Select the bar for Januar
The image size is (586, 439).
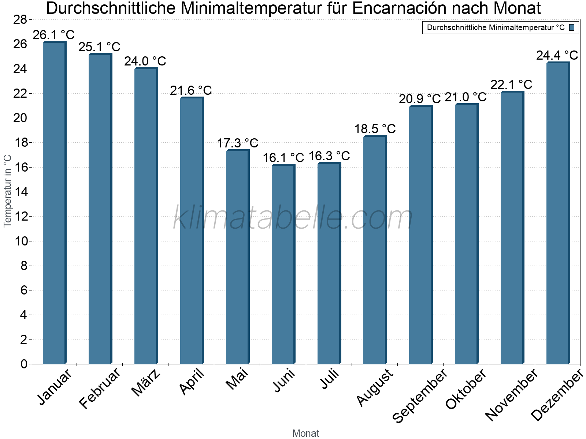point(54,203)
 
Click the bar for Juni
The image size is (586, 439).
point(283,264)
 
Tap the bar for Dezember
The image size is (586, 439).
point(558,213)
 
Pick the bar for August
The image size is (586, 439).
point(375,250)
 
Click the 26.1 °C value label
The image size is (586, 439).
point(53,35)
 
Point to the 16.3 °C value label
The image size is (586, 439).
point(329,156)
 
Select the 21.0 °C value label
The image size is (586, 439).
point(466,97)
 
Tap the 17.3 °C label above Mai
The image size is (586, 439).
point(237,143)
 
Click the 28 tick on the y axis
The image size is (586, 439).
point(20,20)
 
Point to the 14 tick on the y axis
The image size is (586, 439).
point(20,192)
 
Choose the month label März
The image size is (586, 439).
point(146,383)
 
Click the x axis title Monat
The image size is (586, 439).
point(306,434)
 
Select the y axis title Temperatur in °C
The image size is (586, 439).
point(8,191)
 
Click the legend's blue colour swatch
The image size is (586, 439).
point(572,27)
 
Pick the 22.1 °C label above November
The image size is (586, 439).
point(511,85)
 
